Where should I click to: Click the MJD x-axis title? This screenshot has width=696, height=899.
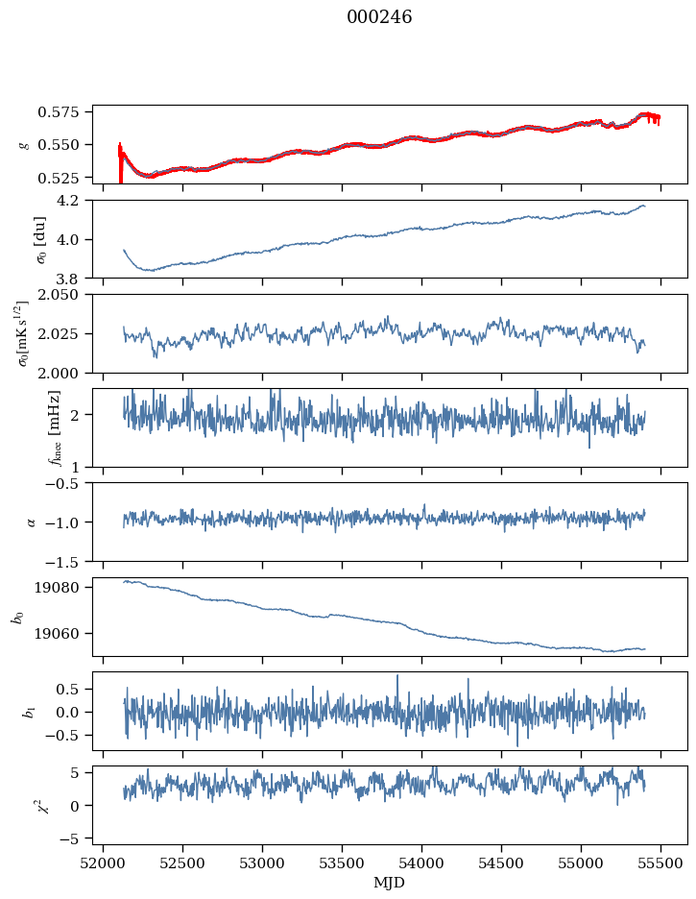[x=390, y=882]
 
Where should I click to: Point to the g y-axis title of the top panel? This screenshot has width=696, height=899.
[x=23, y=144]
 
